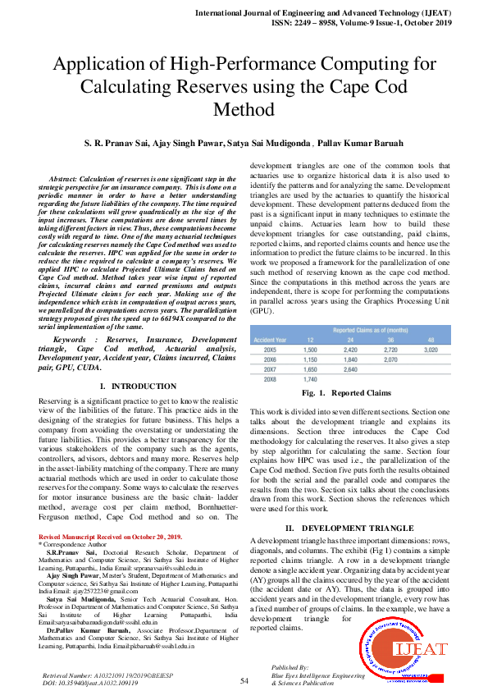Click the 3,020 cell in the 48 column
tap(430, 349)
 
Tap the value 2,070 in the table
tap(390, 359)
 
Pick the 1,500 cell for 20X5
tap(310, 349)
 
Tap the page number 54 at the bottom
tap(244, 680)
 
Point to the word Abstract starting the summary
tap(64, 178)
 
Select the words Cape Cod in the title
tap(394, 86)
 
